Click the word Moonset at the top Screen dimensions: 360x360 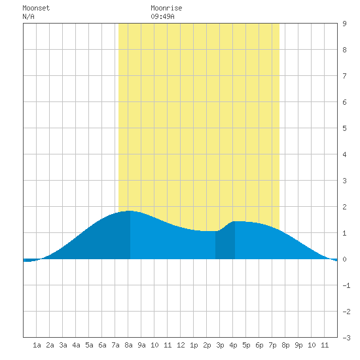36,8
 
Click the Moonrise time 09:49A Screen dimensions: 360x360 162,16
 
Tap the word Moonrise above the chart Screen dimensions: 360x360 166,8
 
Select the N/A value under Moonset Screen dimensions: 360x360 28,16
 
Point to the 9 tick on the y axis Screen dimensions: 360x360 344,24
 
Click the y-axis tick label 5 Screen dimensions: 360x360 344,128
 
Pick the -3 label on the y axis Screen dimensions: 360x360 346,338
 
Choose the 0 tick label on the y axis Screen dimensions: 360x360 344,259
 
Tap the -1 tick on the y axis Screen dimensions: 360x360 346,285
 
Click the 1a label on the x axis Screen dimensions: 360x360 37,345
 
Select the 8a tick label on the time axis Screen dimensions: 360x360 128,345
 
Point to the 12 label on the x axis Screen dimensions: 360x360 181,345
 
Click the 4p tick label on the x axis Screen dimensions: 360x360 233,345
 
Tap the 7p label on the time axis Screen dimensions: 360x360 272,345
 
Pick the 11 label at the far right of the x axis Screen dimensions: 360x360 325,345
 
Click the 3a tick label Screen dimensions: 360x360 63,345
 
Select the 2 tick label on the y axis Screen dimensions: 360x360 344,207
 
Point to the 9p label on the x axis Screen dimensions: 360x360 298,345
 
